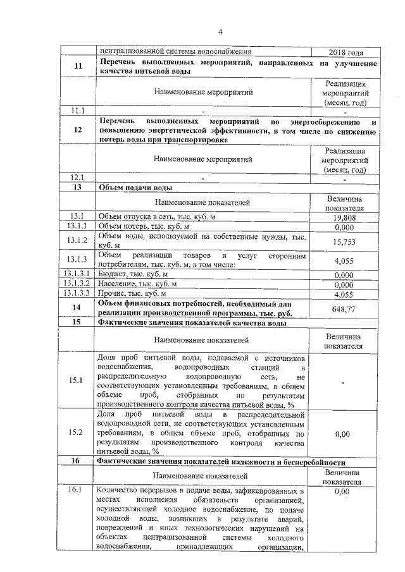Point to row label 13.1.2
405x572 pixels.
click(78, 241)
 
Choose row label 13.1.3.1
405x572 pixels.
click(78, 275)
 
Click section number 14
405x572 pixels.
click(78, 308)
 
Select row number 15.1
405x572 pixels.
click(78, 380)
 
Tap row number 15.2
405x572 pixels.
click(78, 433)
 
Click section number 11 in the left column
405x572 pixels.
click(78, 66)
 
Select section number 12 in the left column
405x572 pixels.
click(78, 131)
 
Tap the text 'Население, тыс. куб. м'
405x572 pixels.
click(136, 284)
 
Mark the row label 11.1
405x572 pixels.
click(78, 111)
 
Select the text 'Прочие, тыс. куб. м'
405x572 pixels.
click(131, 294)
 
